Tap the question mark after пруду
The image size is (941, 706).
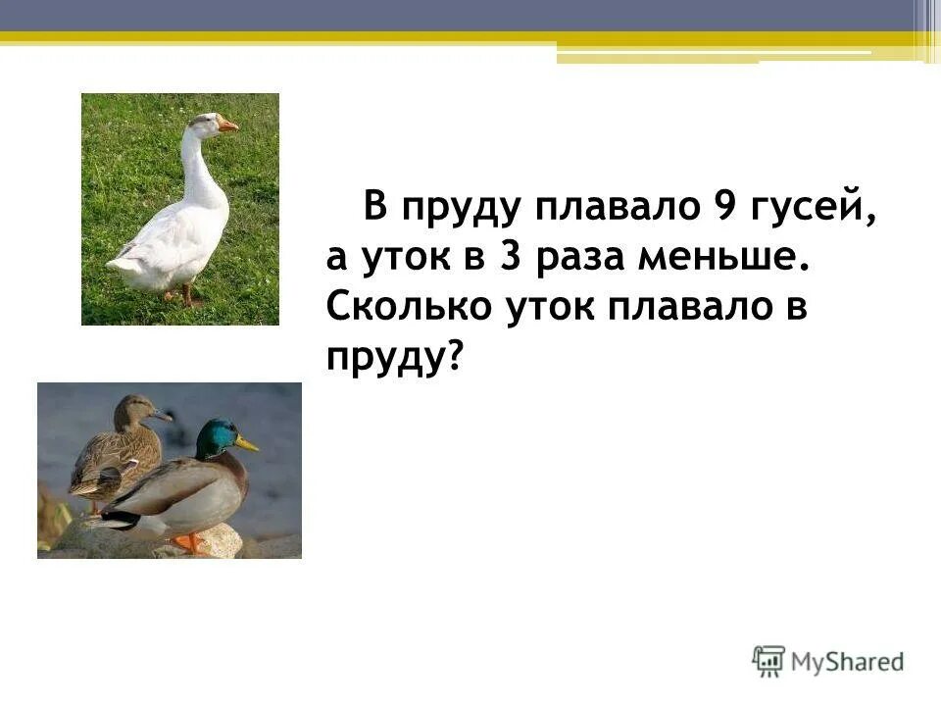pyautogui.click(x=452, y=359)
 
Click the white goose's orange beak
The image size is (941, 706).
pyautogui.click(x=227, y=125)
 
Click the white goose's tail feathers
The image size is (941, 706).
pyautogui.click(x=123, y=263)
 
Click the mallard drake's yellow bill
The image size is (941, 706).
pyautogui.click(x=247, y=444)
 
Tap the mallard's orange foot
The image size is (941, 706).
pyautogui.click(x=189, y=541)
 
